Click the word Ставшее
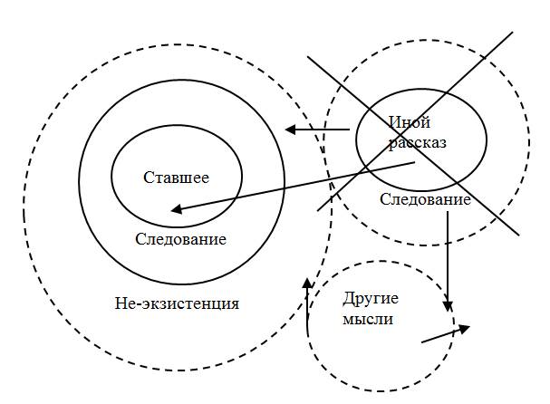(x=177, y=177)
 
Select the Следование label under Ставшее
(x=180, y=240)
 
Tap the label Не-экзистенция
(x=178, y=303)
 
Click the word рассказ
(x=417, y=142)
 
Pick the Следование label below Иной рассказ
(x=425, y=200)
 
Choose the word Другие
(x=371, y=299)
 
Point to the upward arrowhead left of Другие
(x=308, y=283)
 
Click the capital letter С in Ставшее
(x=149, y=177)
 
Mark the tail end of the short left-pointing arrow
(x=350, y=130)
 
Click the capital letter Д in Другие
(x=349, y=299)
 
